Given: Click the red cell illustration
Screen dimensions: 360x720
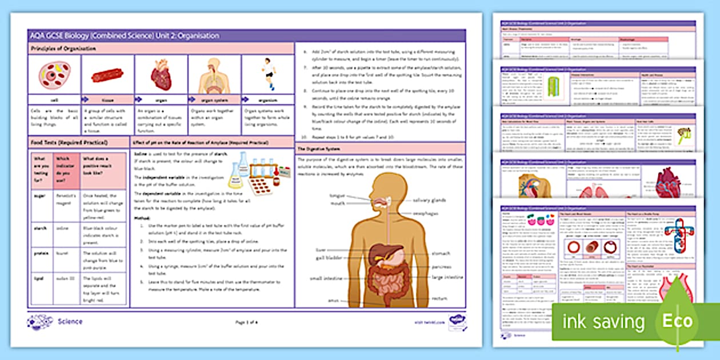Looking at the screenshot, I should tap(54, 74).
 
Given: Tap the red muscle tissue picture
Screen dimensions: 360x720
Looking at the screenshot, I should tap(107, 75).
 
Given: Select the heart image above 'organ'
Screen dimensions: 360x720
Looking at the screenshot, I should tap(161, 75).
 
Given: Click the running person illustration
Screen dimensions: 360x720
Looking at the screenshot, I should tap(267, 73).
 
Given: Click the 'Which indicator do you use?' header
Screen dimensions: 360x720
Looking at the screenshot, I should tap(66, 169).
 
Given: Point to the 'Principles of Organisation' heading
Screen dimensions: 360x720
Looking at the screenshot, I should tap(63, 49).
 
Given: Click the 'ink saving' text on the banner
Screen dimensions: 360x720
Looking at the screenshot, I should tap(603, 322).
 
